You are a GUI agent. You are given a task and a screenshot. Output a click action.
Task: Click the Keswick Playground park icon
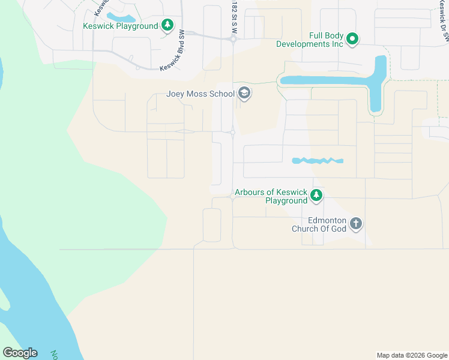click(x=168, y=25)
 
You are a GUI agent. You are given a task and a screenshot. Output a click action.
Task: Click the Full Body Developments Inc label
click(x=310, y=40)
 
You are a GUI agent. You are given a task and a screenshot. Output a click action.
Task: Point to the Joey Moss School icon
click(x=244, y=94)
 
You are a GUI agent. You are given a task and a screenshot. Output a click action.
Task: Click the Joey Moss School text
click(x=200, y=94)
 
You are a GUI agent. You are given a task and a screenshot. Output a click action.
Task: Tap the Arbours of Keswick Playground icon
click(x=316, y=196)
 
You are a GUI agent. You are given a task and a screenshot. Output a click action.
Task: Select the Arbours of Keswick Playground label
click(x=271, y=196)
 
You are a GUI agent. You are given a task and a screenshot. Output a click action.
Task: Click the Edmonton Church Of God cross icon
click(x=355, y=224)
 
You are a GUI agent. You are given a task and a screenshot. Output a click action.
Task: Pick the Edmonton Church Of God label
click(x=319, y=224)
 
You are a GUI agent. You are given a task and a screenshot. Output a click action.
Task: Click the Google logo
click(x=20, y=353)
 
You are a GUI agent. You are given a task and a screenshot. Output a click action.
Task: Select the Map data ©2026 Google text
click(x=411, y=355)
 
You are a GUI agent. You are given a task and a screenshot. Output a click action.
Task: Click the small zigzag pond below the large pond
click(x=317, y=161)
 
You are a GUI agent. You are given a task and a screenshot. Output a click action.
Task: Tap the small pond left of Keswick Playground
click(x=120, y=17)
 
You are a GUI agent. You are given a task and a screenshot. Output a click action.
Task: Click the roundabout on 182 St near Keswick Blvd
click(x=233, y=39)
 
